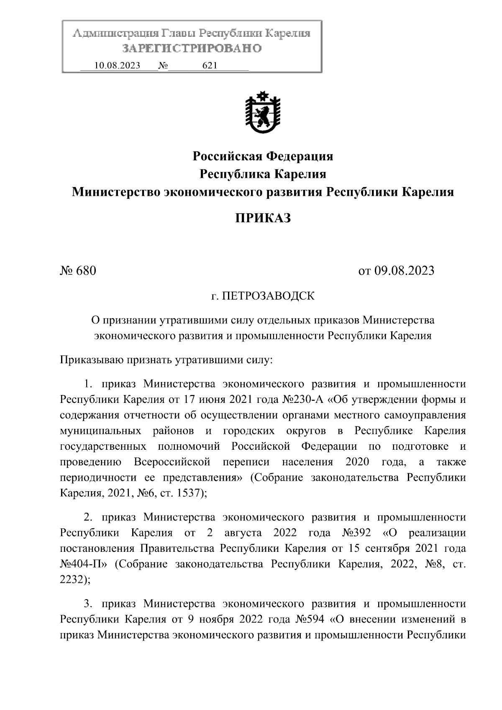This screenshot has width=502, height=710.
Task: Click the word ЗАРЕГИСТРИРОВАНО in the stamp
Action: (192, 49)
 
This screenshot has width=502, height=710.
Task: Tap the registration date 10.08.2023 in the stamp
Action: (117, 66)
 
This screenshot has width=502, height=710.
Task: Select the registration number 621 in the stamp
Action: (209, 66)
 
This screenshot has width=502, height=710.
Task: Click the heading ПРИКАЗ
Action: (262, 218)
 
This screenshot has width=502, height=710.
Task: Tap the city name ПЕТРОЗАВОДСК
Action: (268, 296)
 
